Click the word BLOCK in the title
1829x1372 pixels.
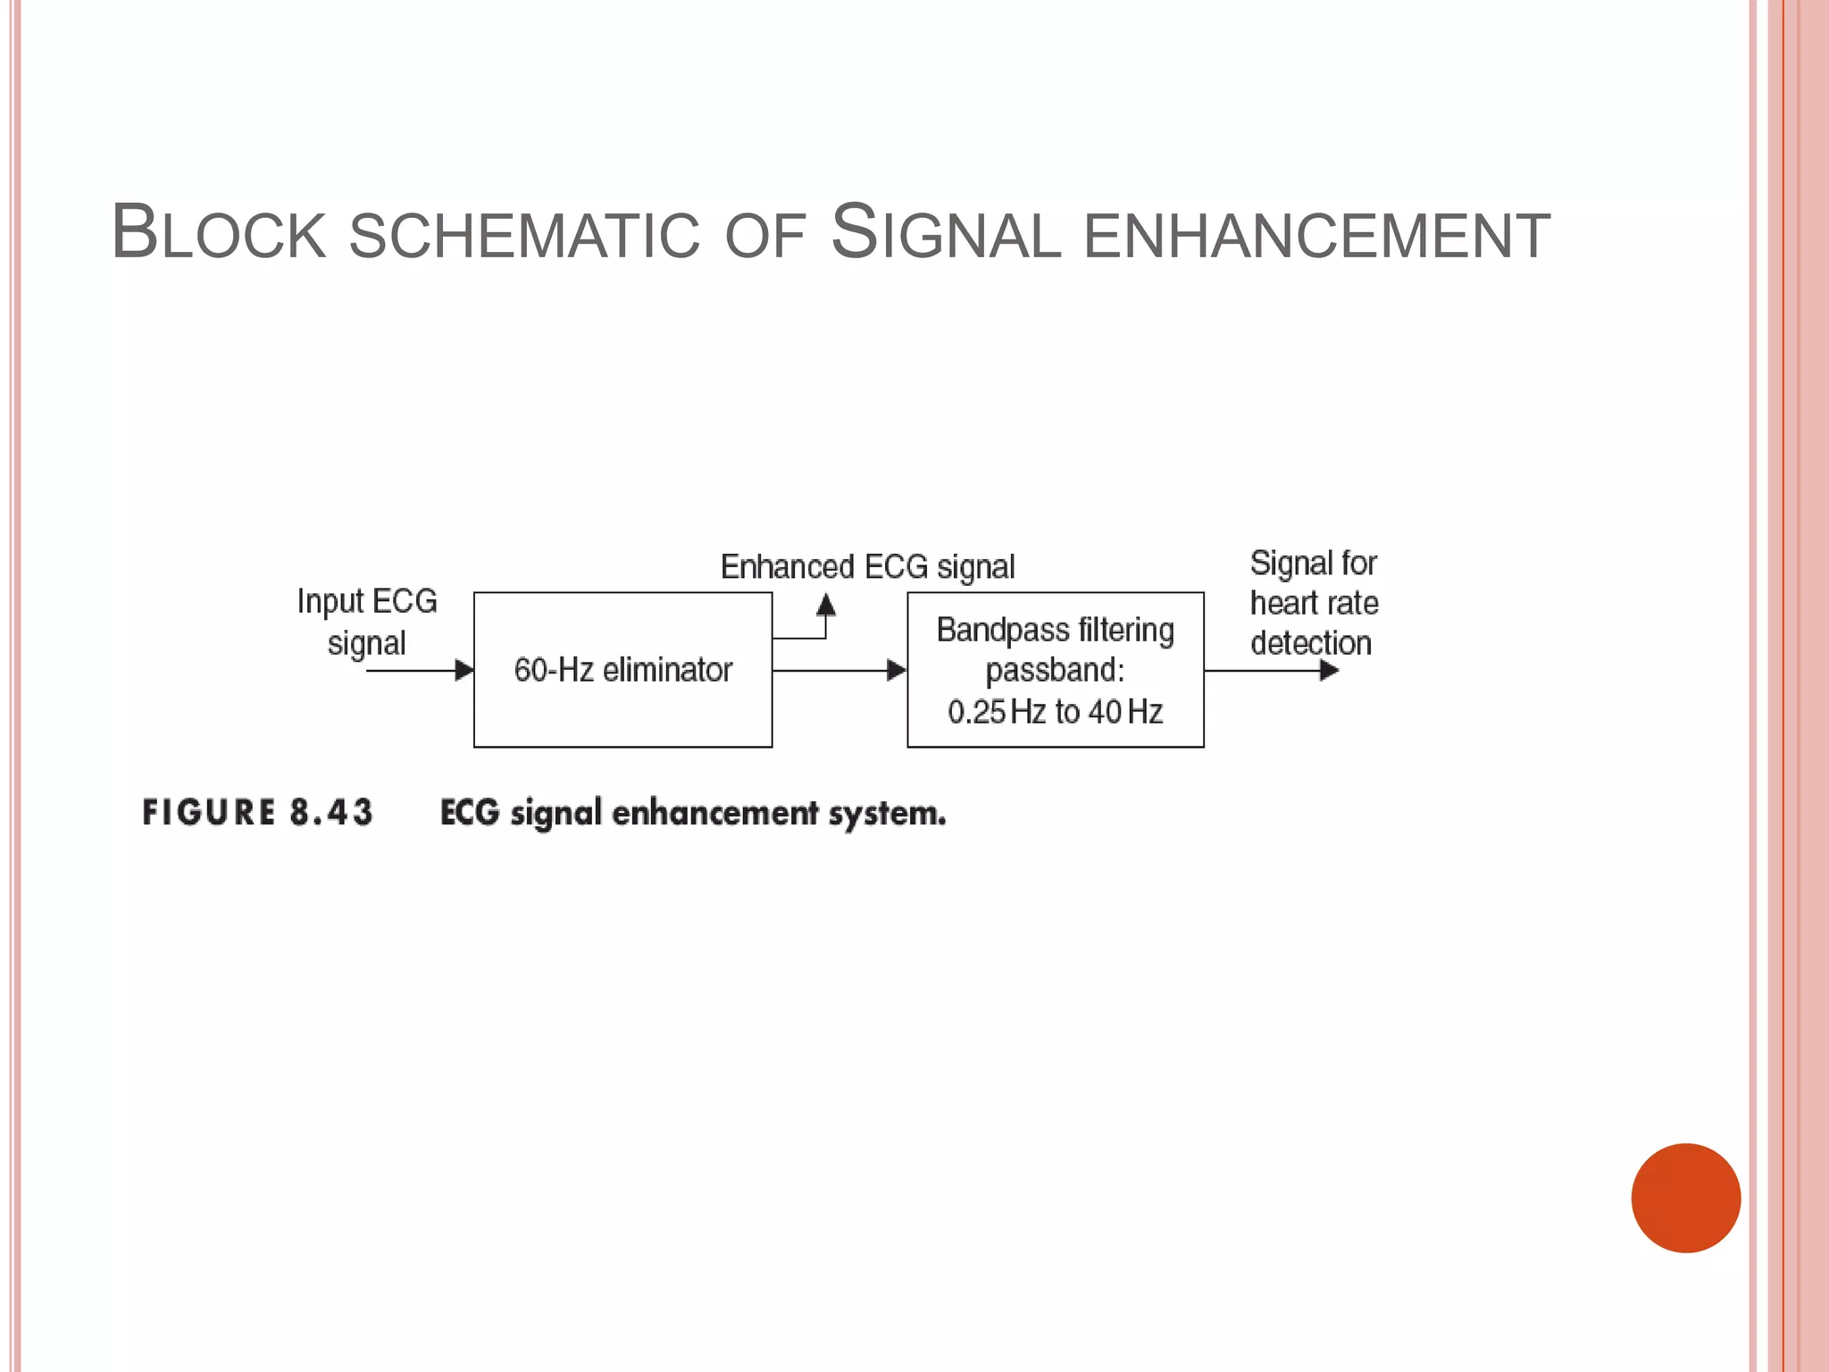tap(219, 233)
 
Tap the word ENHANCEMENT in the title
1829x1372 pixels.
tap(1316, 236)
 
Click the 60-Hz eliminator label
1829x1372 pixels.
tap(622, 670)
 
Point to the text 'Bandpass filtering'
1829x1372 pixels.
tap(1055, 631)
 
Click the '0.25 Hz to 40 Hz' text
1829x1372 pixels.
tap(1055, 712)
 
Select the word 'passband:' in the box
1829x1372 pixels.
tap(1055, 670)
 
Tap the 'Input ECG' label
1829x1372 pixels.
tap(367, 601)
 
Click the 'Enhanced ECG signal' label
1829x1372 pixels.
tap(867, 567)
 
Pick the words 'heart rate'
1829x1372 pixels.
tap(1314, 604)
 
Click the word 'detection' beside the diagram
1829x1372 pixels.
tap(1310, 643)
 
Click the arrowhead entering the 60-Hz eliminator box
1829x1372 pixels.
tap(464, 670)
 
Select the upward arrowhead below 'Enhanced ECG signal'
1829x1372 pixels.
tap(826, 606)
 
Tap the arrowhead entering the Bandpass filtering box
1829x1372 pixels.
tap(897, 670)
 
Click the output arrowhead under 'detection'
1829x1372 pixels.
tap(1329, 670)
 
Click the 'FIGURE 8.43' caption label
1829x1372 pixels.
tap(257, 813)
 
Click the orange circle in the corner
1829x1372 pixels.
tap(1685, 1198)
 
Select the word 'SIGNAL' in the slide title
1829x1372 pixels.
tap(946, 234)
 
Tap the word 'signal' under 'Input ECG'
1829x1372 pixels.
tap(366, 644)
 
